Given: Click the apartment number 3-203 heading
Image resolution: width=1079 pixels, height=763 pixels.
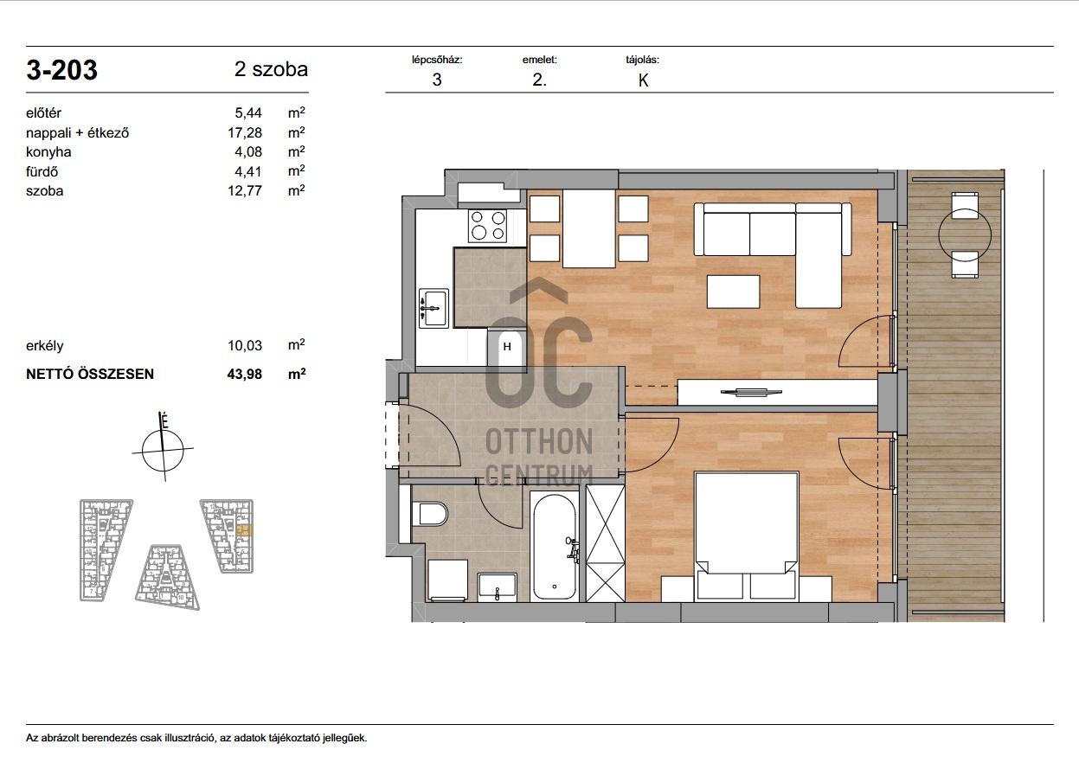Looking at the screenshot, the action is (61, 70).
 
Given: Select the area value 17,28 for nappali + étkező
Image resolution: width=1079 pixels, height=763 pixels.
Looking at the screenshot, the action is (245, 132).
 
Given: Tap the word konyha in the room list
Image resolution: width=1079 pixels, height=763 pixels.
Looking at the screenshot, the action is (48, 152).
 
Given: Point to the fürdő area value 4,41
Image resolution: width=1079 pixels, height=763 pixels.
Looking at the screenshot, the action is (248, 171).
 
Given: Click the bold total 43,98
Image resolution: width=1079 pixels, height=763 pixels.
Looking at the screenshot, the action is (245, 375).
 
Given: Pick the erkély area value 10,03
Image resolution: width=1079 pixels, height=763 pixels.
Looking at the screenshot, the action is (245, 345).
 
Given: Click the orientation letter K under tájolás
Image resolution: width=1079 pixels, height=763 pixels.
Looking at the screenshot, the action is (643, 80).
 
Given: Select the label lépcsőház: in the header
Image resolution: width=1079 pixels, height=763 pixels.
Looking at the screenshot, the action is (437, 61).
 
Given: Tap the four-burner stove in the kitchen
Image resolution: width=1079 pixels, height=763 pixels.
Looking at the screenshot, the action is (487, 226).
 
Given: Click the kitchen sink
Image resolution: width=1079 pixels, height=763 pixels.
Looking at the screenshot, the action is (434, 308).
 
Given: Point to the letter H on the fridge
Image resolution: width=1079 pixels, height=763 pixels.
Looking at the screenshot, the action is (507, 347).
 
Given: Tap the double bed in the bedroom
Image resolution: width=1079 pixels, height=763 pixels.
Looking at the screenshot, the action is (746, 536).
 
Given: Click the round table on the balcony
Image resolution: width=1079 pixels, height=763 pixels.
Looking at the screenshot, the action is (965, 235).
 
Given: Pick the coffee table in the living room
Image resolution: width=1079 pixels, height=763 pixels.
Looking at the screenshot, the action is (733, 292).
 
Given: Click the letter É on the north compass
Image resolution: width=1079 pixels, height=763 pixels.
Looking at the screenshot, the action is (164, 422).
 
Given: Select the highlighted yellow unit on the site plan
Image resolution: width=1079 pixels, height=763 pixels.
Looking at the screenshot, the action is (245, 531).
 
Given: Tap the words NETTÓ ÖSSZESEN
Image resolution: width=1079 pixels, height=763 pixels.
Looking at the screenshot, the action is (90, 375).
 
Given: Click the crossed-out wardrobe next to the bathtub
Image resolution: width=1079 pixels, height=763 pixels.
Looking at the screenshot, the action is (606, 543).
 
